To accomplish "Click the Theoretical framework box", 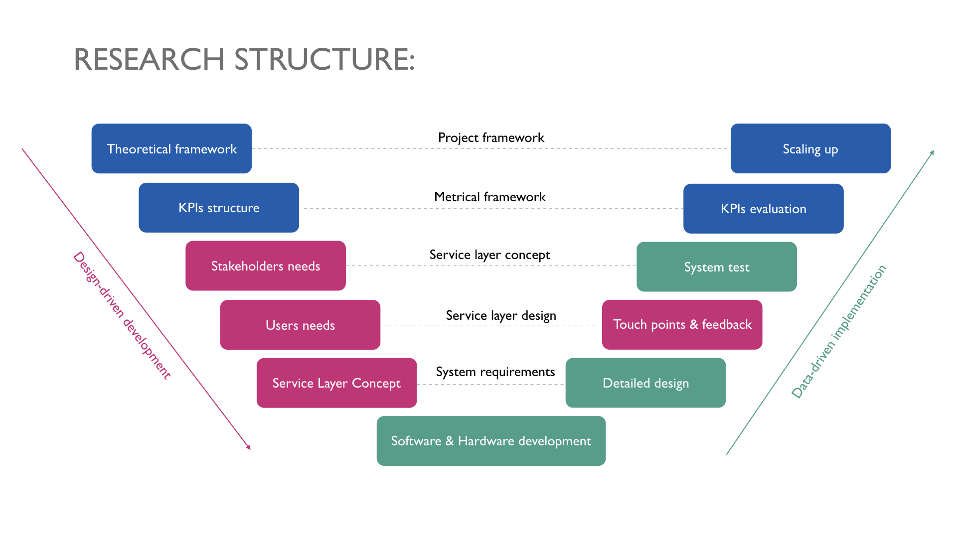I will (x=171, y=148).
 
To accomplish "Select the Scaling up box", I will (x=810, y=148).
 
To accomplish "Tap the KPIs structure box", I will (x=219, y=208).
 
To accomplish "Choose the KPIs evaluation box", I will (x=763, y=209).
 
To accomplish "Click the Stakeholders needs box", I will (x=266, y=266).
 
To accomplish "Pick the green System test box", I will (x=716, y=267).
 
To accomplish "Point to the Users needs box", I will (x=300, y=325).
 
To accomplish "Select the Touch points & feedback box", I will (x=682, y=325).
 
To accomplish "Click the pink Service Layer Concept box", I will (x=336, y=383).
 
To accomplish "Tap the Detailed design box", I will (x=645, y=383).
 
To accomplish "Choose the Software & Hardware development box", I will (x=491, y=441).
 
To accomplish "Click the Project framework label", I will (x=491, y=137).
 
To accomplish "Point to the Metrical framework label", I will (x=490, y=197).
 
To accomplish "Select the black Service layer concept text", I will (x=489, y=255).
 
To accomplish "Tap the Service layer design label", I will (x=501, y=316).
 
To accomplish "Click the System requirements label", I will (x=495, y=372).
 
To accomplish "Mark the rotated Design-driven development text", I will (x=122, y=315).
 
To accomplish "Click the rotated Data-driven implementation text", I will (x=839, y=331).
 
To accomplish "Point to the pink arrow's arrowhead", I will (x=248, y=447).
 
